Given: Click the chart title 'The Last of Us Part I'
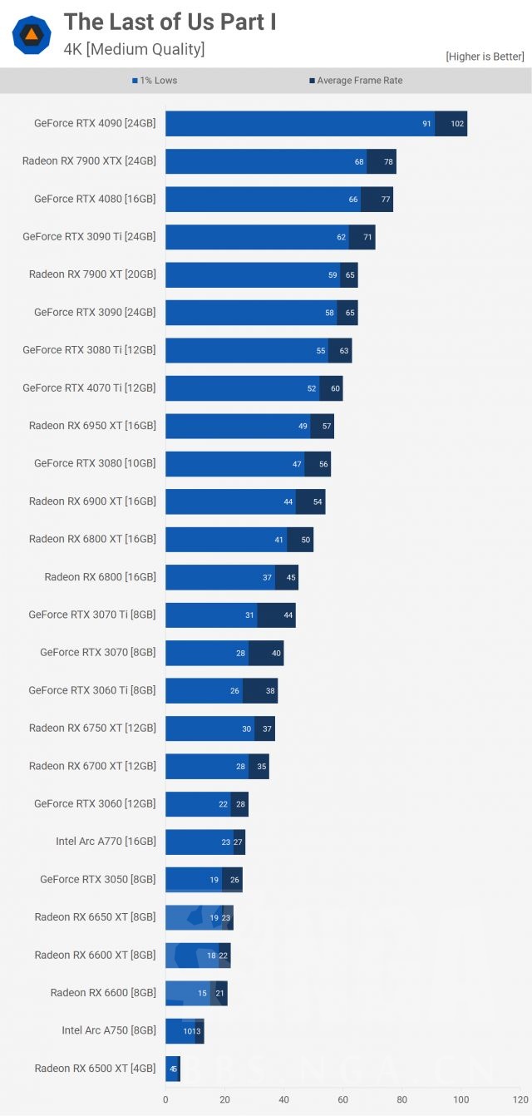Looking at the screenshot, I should [x=170, y=22].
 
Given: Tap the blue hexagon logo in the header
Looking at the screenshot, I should [x=32, y=35].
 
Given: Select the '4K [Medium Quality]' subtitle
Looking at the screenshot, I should [x=134, y=49].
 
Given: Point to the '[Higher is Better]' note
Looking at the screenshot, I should [x=485, y=57].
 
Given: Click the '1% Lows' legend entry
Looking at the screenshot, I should [x=155, y=81].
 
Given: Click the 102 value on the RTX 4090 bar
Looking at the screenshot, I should [x=457, y=124].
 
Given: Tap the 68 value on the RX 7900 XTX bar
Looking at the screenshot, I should [x=359, y=161].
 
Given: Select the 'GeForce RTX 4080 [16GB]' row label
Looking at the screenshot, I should [x=95, y=199].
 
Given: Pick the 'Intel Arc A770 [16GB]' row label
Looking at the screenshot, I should [x=106, y=842].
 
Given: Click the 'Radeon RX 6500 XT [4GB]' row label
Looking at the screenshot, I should [x=95, y=1068].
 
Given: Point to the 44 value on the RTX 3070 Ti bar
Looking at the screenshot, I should [x=288, y=615].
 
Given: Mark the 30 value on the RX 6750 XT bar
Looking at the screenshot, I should [x=246, y=728].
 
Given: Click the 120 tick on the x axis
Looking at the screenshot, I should [x=520, y=1099].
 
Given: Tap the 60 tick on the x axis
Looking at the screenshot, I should [x=342, y=1099].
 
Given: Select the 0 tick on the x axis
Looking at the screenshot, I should [x=165, y=1099].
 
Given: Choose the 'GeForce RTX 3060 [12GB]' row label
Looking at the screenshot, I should [x=95, y=803].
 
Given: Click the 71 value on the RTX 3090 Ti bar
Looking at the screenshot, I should [x=367, y=237].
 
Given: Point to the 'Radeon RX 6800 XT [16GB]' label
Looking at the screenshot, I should [x=92, y=539].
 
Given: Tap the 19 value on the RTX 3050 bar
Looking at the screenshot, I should [x=214, y=880].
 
